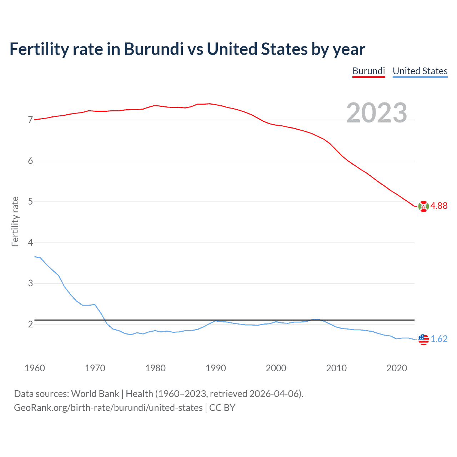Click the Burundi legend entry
pyautogui.click(x=368, y=71)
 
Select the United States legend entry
pyautogui.click(x=420, y=71)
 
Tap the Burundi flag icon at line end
pyautogui.click(x=423, y=206)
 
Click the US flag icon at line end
pyautogui.click(x=423, y=339)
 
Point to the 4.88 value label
pyautogui.click(x=439, y=206)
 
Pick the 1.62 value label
pyautogui.click(x=439, y=339)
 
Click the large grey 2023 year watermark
pyautogui.click(x=377, y=113)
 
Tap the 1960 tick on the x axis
pyautogui.click(x=35, y=368)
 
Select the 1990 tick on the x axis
pyautogui.click(x=216, y=368)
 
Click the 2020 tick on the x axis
pyautogui.click(x=397, y=368)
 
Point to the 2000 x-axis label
pyautogui.click(x=276, y=368)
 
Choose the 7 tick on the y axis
pyautogui.click(x=30, y=120)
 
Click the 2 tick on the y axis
pyautogui.click(x=30, y=324)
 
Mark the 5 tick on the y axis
pyautogui.click(x=30, y=202)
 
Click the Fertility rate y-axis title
pyautogui.click(x=15, y=221)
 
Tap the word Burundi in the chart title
pyautogui.click(x=154, y=49)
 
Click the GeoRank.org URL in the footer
pyautogui.click(x=108, y=408)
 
